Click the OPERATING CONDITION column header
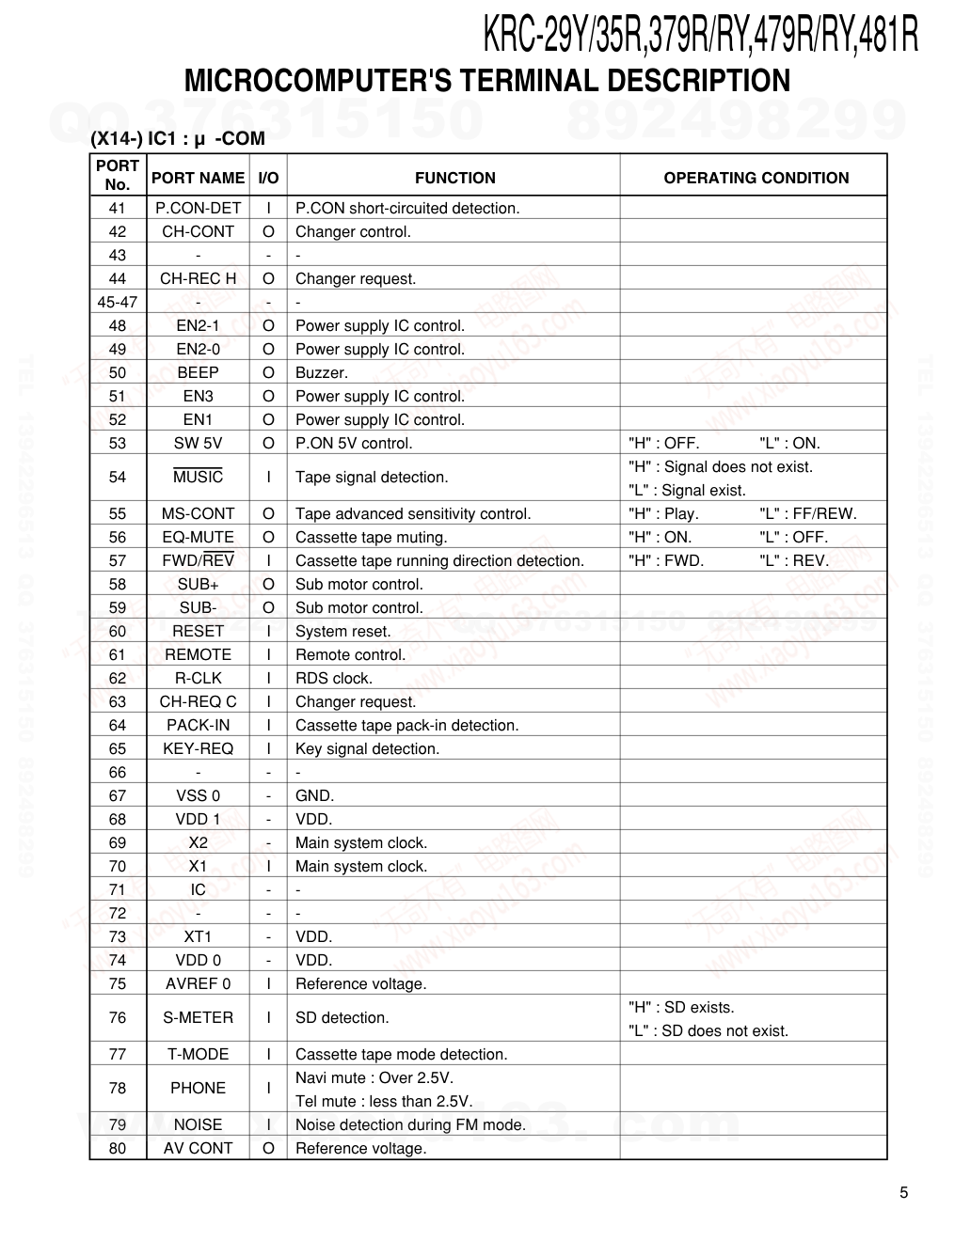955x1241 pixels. click(756, 178)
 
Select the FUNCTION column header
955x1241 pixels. click(454, 178)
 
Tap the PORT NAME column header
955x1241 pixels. click(198, 178)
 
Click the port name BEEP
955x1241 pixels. click(198, 372)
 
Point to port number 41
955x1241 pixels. click(118, 208)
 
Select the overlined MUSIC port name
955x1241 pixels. click(198, 477)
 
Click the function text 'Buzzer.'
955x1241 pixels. click(322, 372)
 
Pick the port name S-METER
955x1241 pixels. click(198, 1017)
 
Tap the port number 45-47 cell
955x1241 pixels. click(118, 302)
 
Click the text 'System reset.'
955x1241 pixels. click(342, 631)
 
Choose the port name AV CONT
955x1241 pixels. click(198, 1148)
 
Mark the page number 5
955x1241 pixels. click(904, 1193)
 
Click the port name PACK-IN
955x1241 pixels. click(198, 725)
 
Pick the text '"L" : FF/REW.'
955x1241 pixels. click(807, 513)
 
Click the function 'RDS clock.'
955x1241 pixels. click(334, 678)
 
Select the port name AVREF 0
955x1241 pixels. click(198, 983)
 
